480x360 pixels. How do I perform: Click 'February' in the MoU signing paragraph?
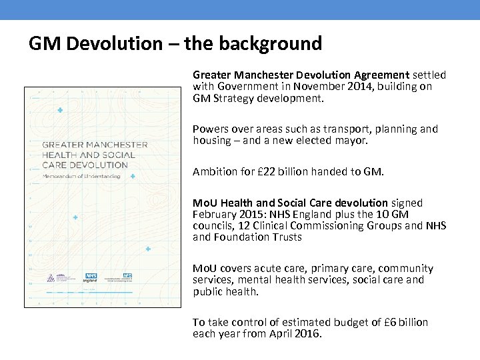213,215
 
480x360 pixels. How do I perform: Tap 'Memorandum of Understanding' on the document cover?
81,176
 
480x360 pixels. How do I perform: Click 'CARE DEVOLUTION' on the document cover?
85,165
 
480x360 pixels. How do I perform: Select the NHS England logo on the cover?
91,279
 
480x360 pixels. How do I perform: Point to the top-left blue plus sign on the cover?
60,110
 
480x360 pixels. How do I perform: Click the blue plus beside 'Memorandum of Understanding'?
133,176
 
